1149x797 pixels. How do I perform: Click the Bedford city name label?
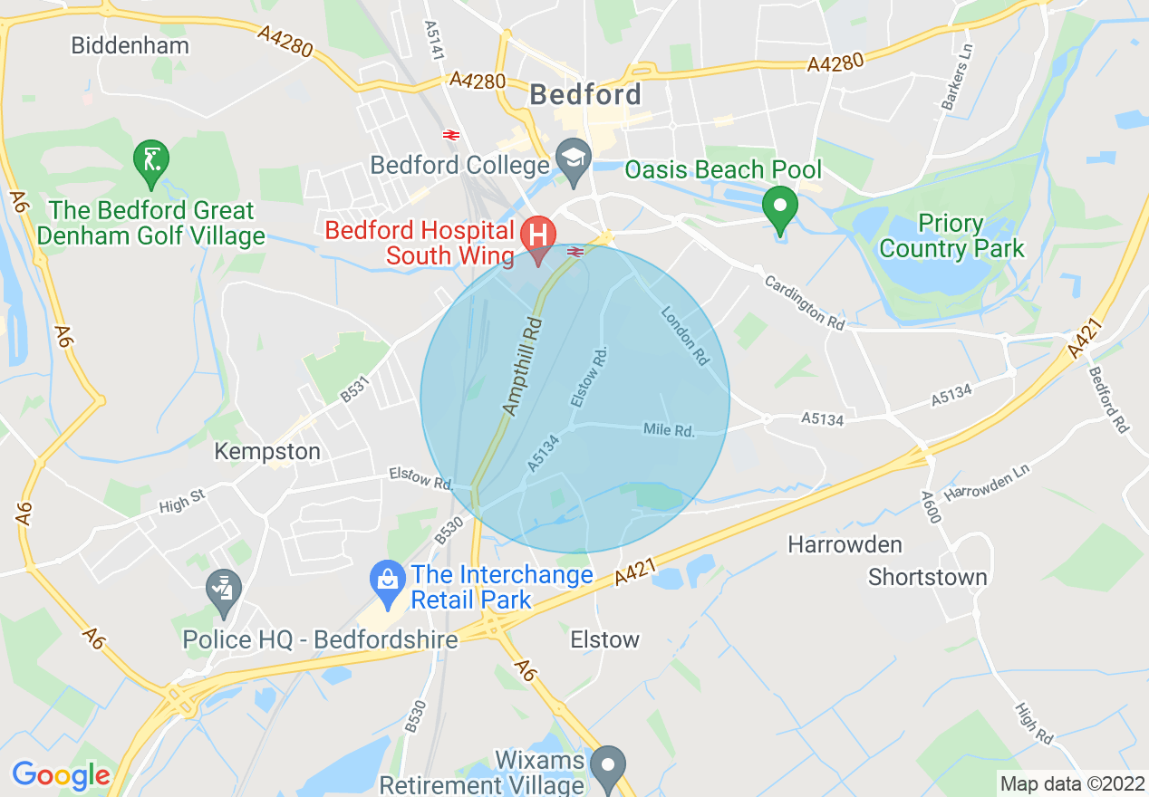[x=585, y=94]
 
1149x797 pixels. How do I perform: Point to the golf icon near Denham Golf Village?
[x=150, y=160]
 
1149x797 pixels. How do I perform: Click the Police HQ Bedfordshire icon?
[x=223, y=590]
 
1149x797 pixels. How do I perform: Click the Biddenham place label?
[x=130, y=45]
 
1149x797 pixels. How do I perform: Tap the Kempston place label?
[x=267, y=451]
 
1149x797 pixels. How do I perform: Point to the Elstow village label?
[x=604, y=639]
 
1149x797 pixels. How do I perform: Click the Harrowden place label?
[x=845, y=544]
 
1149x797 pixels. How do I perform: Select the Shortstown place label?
[x=927, y=577]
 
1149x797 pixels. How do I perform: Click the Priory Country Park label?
[x=951, y=235]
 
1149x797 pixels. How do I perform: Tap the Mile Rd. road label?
[x=669, y=429]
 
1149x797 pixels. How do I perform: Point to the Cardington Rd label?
[x=804, y=302]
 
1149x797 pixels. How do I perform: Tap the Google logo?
[x=60, y=775]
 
